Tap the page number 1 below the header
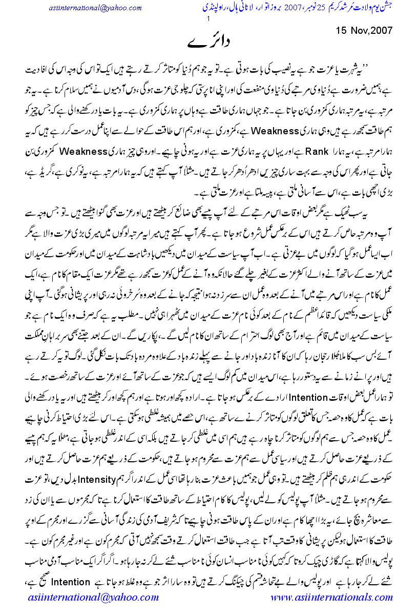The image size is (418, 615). [x=208, y=19]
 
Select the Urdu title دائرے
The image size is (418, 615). [x=208, y=43]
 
